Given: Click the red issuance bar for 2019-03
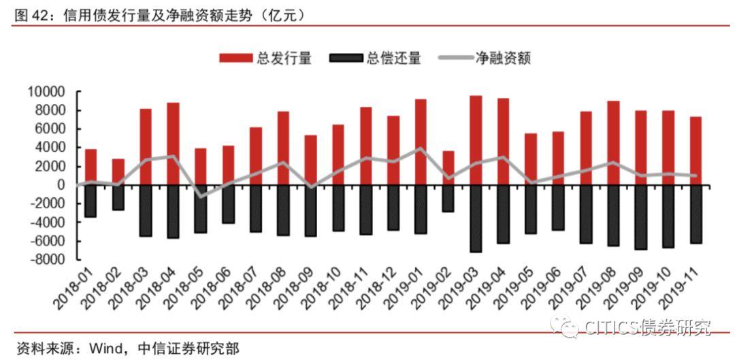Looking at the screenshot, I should (x=476, y=140).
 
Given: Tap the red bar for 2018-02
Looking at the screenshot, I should (x=118, y=171).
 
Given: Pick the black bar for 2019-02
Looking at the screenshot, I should (x=448, y=198).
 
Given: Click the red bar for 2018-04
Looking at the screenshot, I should (x=173, y=144).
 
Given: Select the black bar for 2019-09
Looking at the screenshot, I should (x=640, y=217).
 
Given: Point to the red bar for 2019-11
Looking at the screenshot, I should (x=696, y=150).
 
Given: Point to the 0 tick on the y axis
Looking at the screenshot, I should (x=61, y=185).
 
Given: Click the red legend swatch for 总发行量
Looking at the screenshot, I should (x=235, y=59).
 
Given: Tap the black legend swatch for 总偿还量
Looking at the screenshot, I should (x=346, y=59).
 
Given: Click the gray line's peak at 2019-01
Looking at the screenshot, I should (x=421, y=148).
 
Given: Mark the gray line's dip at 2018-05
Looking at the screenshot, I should (x=201, y=197).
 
